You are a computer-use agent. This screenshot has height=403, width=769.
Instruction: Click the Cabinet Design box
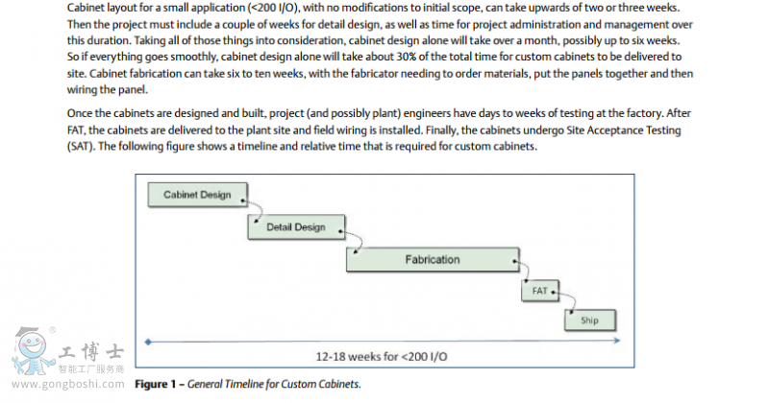click(x=197, y=195)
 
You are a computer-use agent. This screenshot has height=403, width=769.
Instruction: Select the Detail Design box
click(x=295, y=227)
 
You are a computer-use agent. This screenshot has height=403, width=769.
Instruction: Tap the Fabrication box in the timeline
click(x=432, y=259)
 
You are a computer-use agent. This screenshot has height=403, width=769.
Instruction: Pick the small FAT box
click(x=539, y=289)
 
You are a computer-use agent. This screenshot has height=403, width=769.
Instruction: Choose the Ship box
click(x=590, y=320)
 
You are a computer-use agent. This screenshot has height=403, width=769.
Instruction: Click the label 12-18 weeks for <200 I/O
click(x=382, y=356)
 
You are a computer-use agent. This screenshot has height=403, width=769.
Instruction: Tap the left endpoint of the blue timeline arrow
click(x=147, y=341)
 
